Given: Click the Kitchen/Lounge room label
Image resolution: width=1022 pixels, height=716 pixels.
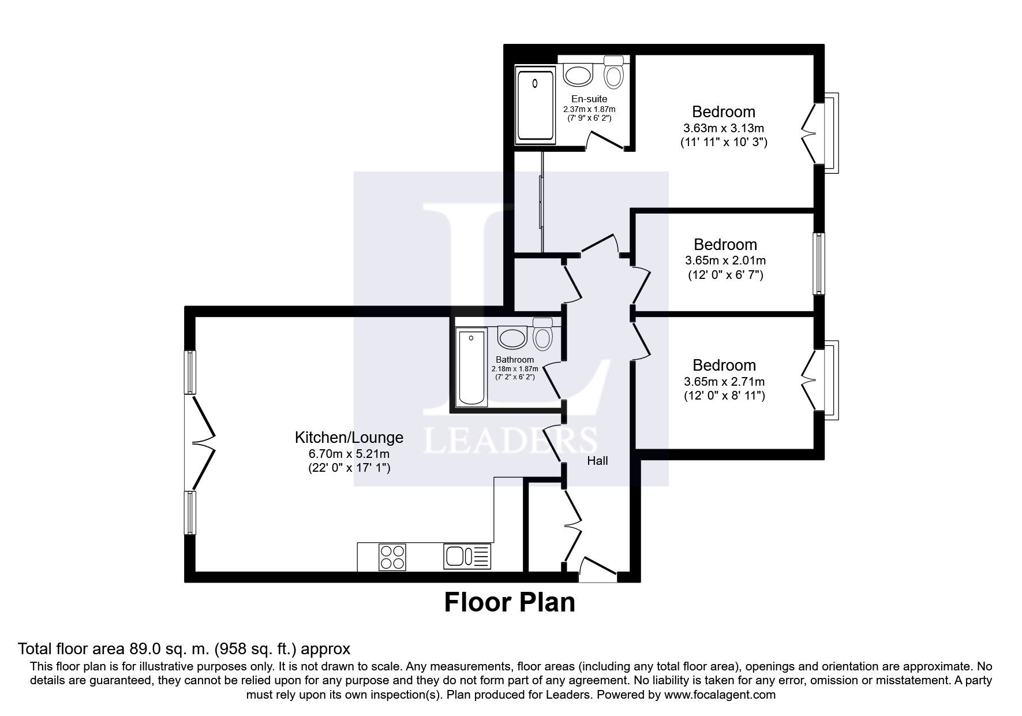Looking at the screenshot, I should [x=349, y=438].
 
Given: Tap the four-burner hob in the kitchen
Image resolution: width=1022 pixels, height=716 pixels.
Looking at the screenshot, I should [x=392, y=557].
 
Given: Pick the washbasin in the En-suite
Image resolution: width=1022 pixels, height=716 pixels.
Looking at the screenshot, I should [x=578, y=74].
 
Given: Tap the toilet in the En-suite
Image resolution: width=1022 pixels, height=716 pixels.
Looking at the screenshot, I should [x=613, y=73].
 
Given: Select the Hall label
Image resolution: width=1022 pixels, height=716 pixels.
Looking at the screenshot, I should [x=597, y=461].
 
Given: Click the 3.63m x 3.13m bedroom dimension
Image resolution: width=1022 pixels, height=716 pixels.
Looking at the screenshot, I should [x=724, y=128].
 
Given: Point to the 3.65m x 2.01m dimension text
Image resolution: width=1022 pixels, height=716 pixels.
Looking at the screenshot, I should [x=725, y=261].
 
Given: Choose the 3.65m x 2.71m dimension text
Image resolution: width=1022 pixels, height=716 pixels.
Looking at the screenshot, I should [x=724, y=382].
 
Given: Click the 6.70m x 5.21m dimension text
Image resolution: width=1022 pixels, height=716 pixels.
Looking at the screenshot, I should [x=349, y=454].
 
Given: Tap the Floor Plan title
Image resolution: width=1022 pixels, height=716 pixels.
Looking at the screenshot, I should [x=510, y=603].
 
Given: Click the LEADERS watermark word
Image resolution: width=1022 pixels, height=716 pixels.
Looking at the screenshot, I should [x=511, y=442].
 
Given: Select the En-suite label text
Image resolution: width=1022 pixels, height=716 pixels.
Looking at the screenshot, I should [x=589, y=99].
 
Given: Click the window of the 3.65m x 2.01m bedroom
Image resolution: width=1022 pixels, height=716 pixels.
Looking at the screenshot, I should [x=819, y=263].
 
